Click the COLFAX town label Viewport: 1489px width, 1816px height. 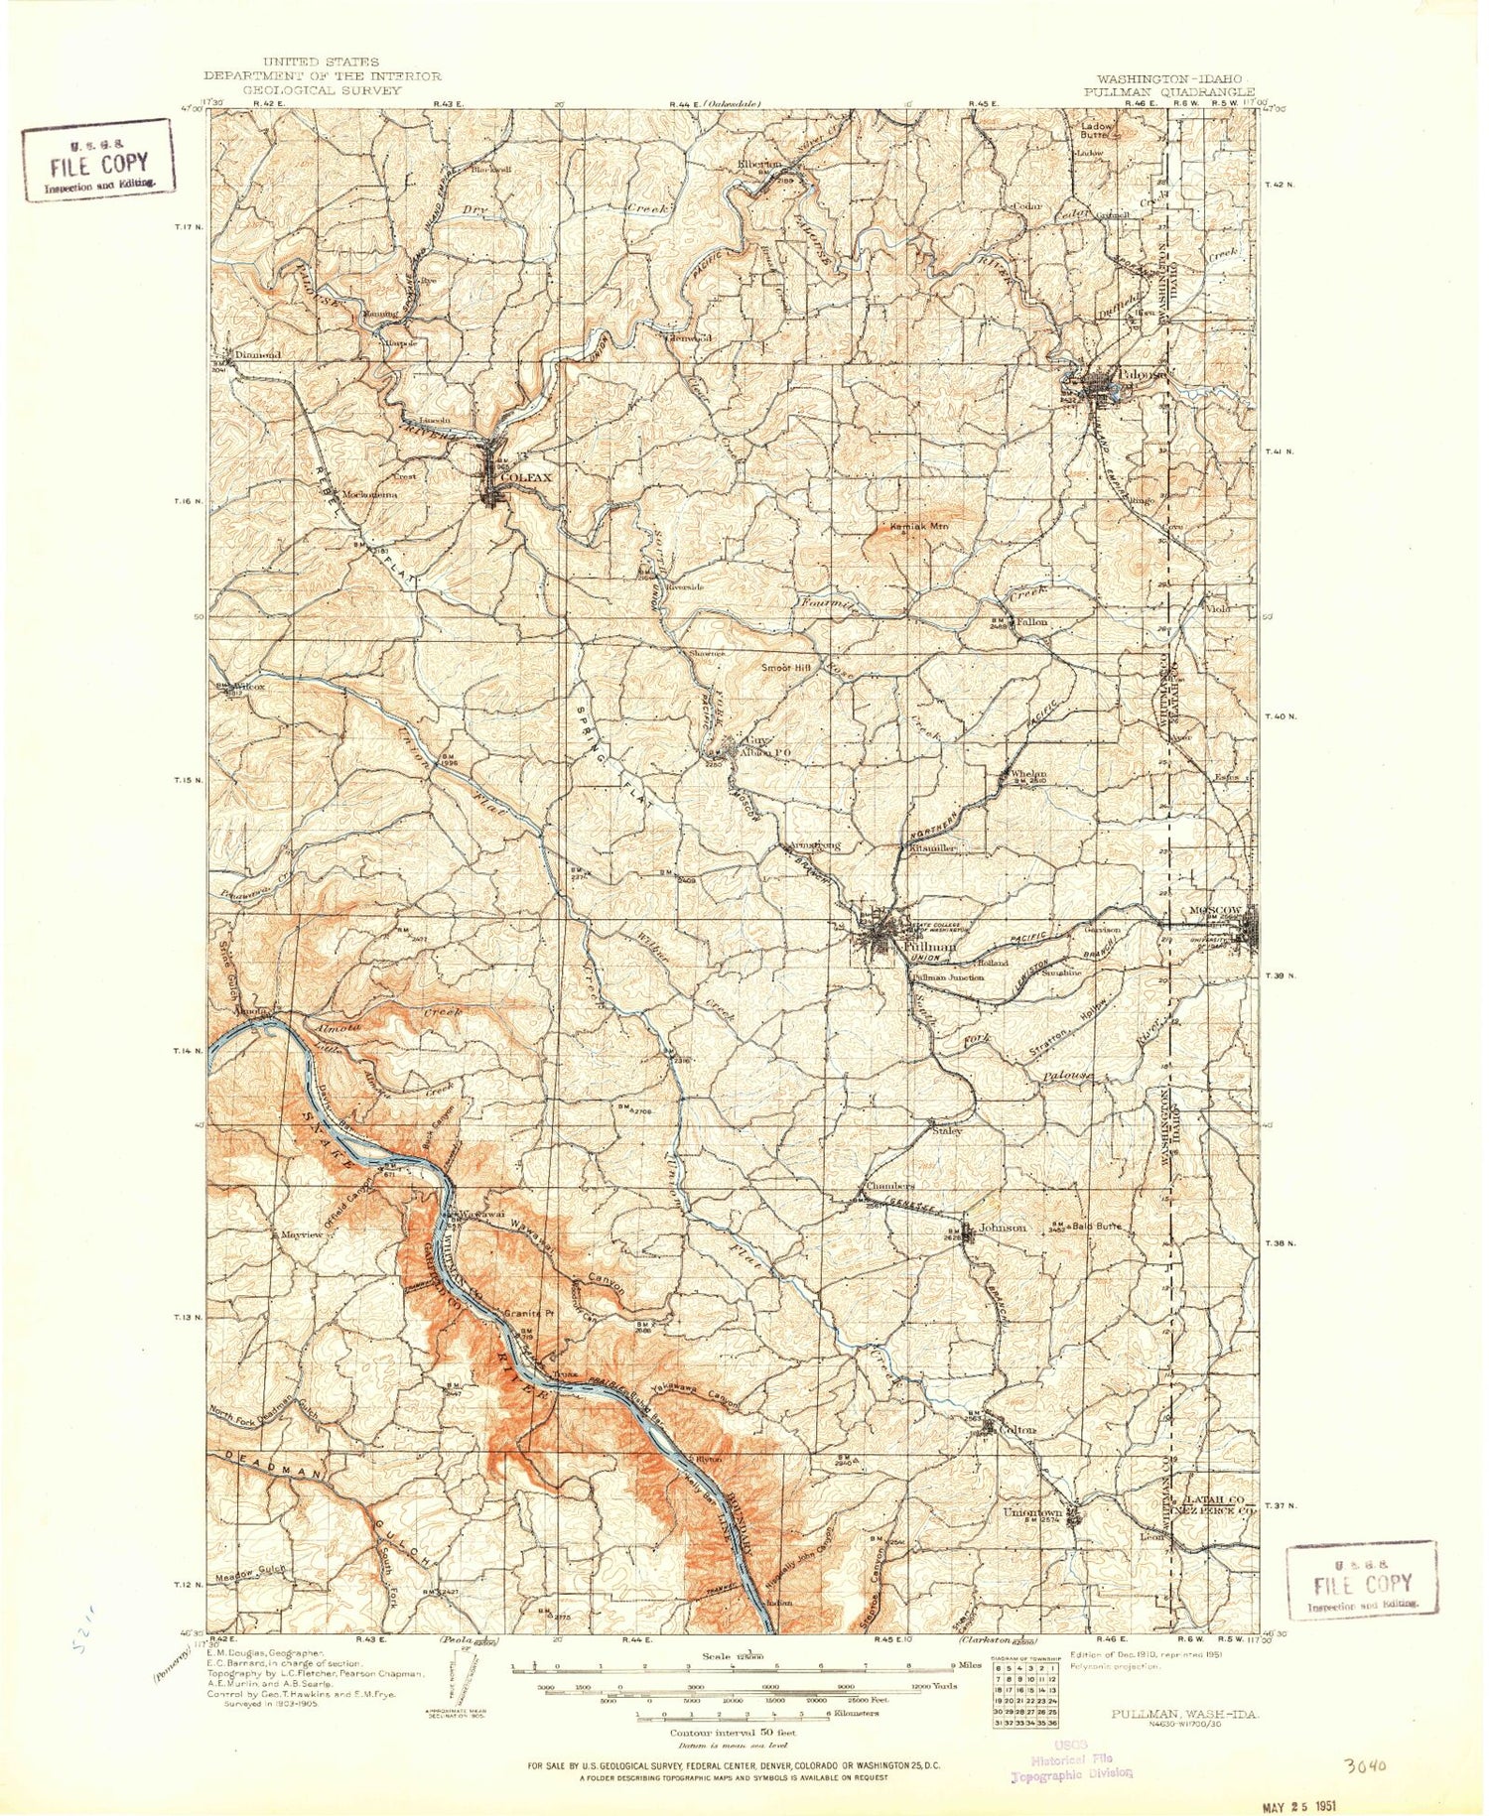(525, 477)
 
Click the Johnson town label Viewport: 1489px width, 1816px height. (1003, 1228)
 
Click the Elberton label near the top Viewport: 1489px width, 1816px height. (759, 164)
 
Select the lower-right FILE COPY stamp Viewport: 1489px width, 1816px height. (1362, 1581)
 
